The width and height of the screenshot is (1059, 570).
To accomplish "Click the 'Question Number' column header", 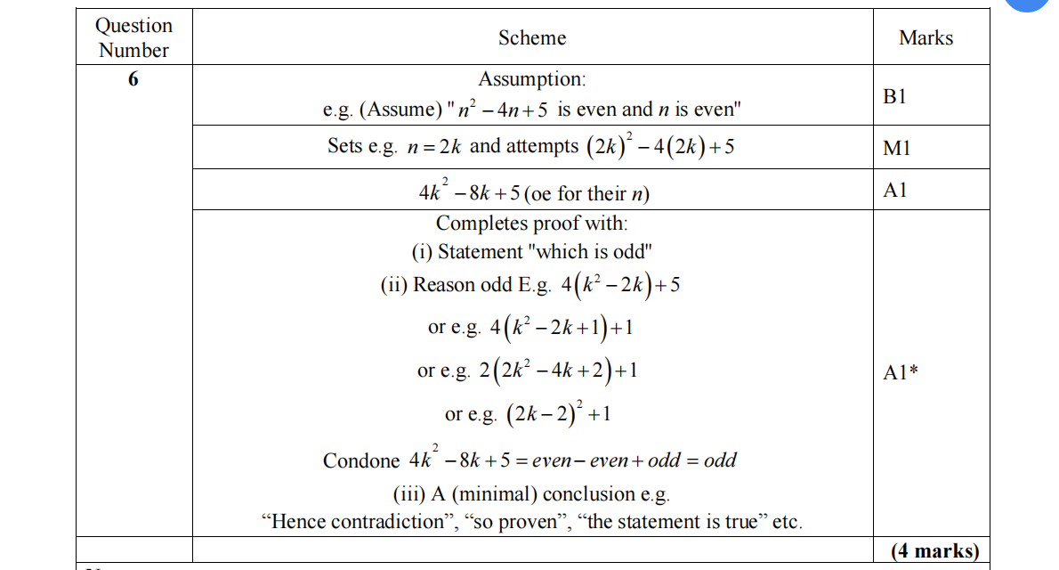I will pos(133,37).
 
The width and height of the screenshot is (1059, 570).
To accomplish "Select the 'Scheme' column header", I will pos(531,37).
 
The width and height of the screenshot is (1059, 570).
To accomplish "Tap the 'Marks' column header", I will pos(926,37).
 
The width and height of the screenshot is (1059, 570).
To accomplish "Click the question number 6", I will pos(133,79).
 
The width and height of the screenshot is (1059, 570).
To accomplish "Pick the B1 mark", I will pos(895,96).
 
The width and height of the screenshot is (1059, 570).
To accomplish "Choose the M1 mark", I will pos(896,149).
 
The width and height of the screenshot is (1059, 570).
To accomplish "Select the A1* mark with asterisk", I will pos(901,373).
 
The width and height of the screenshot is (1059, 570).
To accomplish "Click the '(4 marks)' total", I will pos(934,550).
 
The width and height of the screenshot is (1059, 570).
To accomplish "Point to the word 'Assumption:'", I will pos(532,79).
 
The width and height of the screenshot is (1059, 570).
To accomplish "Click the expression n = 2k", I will pos(431,147).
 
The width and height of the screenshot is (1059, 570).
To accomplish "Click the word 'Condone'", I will pos(361,460).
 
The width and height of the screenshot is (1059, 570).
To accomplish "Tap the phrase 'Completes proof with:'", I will pos(531,223).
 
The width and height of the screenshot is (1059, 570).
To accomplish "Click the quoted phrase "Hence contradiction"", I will pos(358,522).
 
